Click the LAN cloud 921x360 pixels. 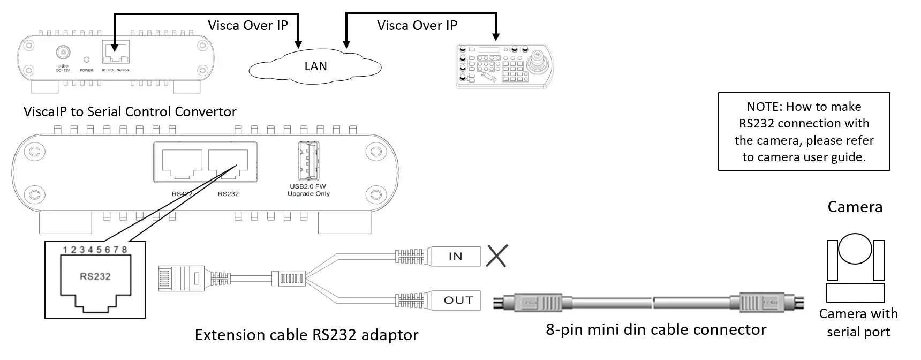(x=315, y=66)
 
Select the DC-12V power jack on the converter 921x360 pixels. (x=63, y=52)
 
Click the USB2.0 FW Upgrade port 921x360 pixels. (x=308, y=161)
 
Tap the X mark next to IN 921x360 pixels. (x=496, y=256)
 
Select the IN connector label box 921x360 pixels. (x=455, y=256)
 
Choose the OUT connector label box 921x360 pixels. (x=458, y=300)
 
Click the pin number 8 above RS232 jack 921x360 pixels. (x=124, y=250)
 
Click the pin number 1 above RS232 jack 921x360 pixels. (x=65, y=250)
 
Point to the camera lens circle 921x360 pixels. (x=855, y=249)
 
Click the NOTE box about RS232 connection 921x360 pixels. (x=804, y=132)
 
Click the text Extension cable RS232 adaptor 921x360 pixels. (x=306, y=335)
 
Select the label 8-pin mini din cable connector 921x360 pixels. (x=656, y=329)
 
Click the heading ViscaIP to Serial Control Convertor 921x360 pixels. (x=130, y=111)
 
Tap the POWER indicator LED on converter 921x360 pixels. (x=86, y=59)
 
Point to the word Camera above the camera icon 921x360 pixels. (x=855, y=207)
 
